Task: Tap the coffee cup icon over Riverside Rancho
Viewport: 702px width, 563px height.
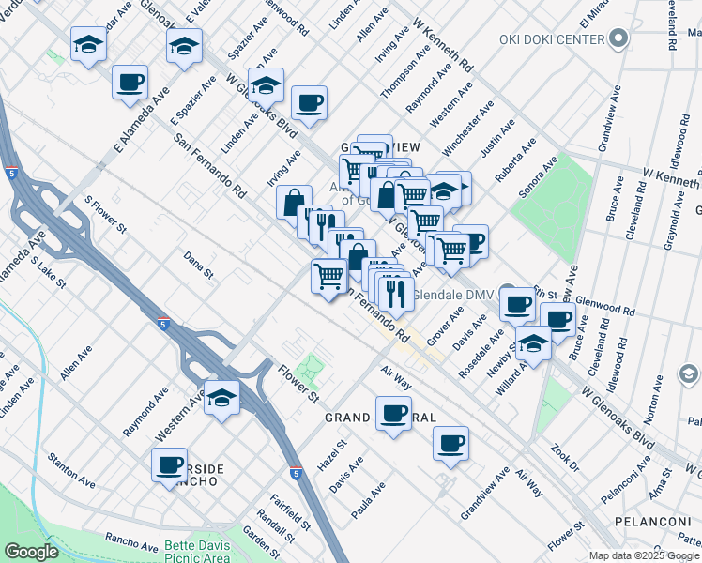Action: pos(170,464)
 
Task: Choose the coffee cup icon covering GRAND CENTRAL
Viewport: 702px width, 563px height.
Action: pos(393,413)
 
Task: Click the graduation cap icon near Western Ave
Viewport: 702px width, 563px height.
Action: pos(222,398)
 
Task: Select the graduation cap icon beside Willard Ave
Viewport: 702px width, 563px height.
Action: pos(533,344)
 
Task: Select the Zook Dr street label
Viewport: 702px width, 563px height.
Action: pos(566,457)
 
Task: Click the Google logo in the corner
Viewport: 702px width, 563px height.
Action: pos(31,552)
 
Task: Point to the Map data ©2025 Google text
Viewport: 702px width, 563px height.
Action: pos(645,555)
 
